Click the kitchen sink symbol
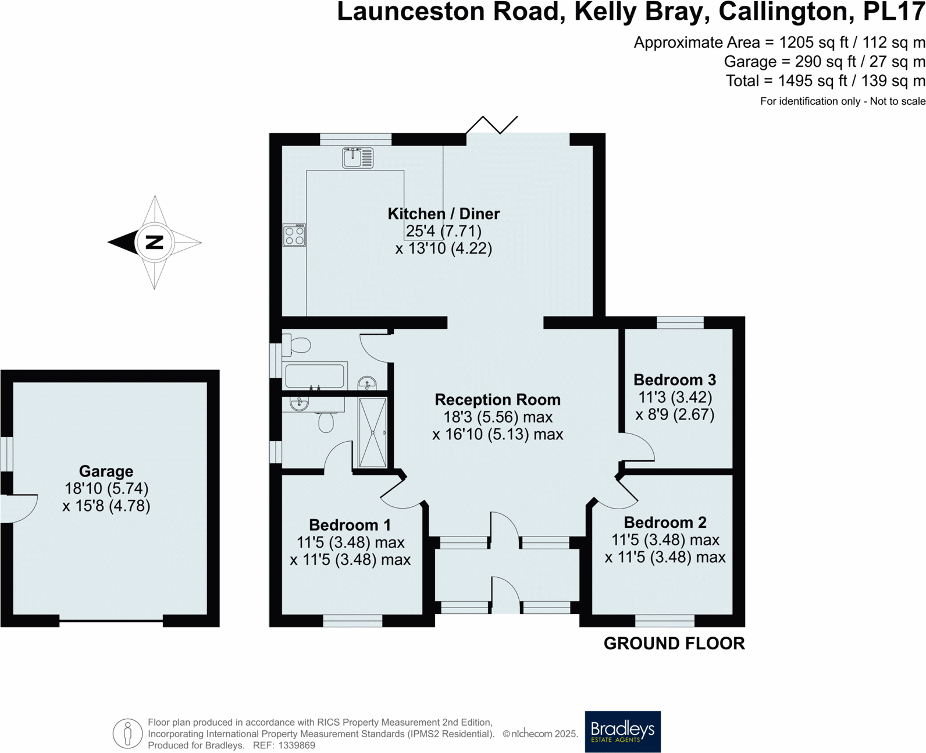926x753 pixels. (x=358, y=158)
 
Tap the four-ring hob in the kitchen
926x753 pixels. (x=294, y=235)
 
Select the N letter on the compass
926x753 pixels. (x=154, y=242)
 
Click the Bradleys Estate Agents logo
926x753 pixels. (x=622, y=731)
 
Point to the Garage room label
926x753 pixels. (x=106, y=471)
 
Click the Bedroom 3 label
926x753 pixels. (x=675, y=380)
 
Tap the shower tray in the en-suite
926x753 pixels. (x=372, y=432)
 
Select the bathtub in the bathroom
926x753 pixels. (x=314, y=376)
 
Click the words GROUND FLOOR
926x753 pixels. (x=674, y=644)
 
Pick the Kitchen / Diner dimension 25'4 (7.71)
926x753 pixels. (x=444, y=231)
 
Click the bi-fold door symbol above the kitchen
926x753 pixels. (x=492, y=124)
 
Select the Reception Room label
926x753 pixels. (x=498, y=400)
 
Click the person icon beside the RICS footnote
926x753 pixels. (x=127, y=733)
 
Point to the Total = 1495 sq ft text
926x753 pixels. (x=825, y=81)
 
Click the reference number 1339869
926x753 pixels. (x=297, y=745)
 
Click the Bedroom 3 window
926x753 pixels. (x=680, y=322)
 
